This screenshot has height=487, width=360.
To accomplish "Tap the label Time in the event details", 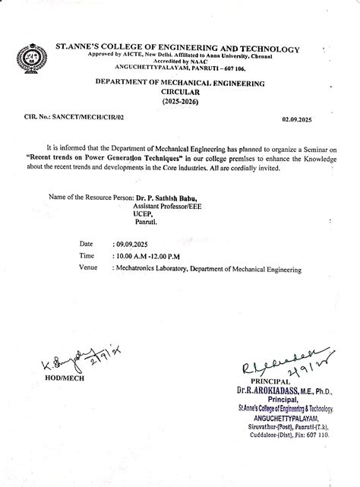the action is pos(87,257).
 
